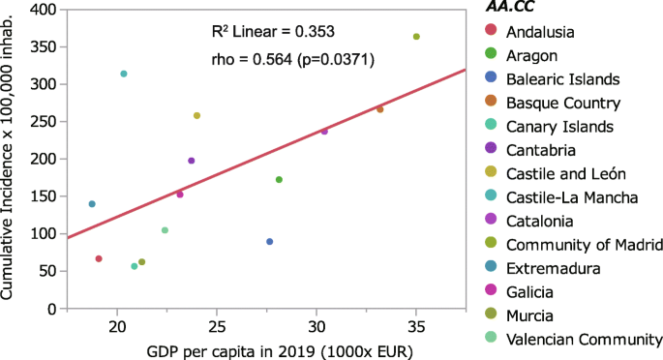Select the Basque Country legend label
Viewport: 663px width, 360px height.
(567, 103)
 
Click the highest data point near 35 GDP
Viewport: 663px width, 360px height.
(416, 37)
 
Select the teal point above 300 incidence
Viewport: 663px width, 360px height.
(124, 74)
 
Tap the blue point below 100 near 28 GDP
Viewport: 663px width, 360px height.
(269, 241)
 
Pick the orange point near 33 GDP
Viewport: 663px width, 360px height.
(380, 109)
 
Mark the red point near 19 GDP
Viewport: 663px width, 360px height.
(99, 258)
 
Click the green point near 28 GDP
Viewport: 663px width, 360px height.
(279, 179)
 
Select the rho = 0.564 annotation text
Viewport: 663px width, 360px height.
(292, 60)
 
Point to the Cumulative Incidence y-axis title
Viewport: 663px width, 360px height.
(11, 160)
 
